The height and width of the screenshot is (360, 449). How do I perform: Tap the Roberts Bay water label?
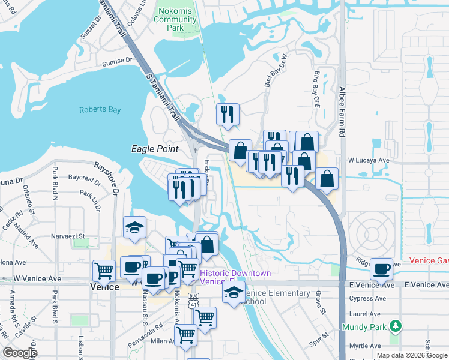pos(100,110)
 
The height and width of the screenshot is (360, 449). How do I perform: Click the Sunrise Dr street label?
pos(117,61)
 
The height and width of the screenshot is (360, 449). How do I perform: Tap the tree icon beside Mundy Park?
pos(395,326)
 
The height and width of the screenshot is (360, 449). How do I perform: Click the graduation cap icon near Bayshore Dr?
pos(134,227)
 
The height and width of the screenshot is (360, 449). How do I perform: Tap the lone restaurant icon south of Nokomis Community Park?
pos(228,113)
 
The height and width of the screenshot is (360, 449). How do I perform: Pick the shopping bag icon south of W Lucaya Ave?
pos(327,178)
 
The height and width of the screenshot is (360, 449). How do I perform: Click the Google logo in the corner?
pos(20,353)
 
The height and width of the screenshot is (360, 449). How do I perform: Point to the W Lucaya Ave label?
pos(369,161)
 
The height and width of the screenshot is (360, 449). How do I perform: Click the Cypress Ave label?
pos(365,298)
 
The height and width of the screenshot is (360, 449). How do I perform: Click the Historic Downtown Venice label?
pos(235,277)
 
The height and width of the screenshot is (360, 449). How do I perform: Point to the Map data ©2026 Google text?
pos(411,355)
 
